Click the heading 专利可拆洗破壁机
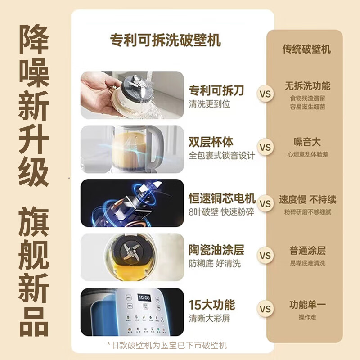[x=165, y=40]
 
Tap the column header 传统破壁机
[x=307, y=49]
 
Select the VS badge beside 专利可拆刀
[x=265, y=94]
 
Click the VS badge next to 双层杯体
[x=265, y=147]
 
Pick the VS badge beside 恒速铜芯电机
[x=265, y=204]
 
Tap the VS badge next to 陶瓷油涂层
[x=265, y=255]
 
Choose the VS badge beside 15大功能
[x=265, y=309]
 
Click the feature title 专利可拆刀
[x=216, y=90]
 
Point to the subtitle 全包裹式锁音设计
[x=222, y=155]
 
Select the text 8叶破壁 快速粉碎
[x=221, y=212]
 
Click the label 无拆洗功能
[x=307, y=86]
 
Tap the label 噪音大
[x=307, y=142]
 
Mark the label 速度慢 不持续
[x=308, y=199]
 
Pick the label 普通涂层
[x=308, y=250]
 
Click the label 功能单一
[x=307, y=305]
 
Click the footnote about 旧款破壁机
[x=167, y=345]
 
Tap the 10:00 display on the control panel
[x=144, y=298]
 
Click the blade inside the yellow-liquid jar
[x=130, y=252]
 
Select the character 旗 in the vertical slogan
[x=33, y=221]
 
